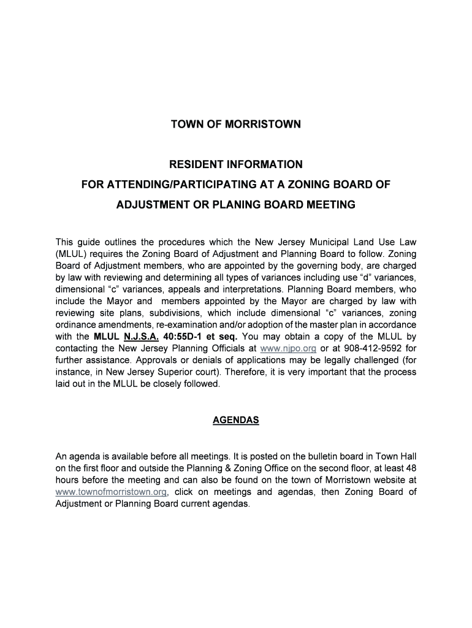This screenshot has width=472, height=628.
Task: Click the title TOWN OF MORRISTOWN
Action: (x=236, y=124)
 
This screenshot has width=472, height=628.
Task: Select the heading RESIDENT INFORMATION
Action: (x=236, y=164)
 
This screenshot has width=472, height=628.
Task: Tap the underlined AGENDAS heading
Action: (x=236, y=420)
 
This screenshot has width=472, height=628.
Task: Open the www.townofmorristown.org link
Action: (x=111, y=492)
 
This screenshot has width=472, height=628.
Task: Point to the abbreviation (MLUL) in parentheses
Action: (x=71, y=253)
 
